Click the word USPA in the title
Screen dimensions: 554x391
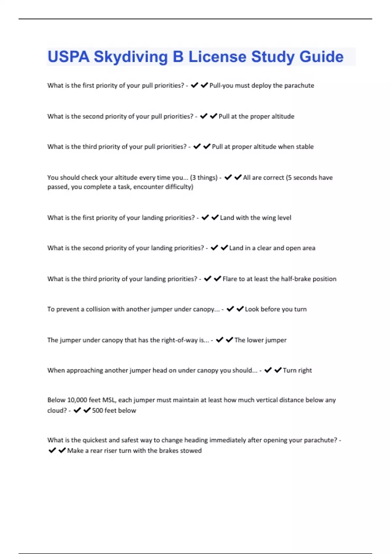click(68, 57)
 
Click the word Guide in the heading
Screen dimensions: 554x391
click(321, 57)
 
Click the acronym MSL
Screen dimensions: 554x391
click(109, 400)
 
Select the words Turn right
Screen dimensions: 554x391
click(297, 371)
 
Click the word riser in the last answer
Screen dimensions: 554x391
click(110, 451)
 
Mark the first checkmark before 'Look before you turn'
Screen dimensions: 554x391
click(230, 309)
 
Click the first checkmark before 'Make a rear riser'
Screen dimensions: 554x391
click(52, 450)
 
